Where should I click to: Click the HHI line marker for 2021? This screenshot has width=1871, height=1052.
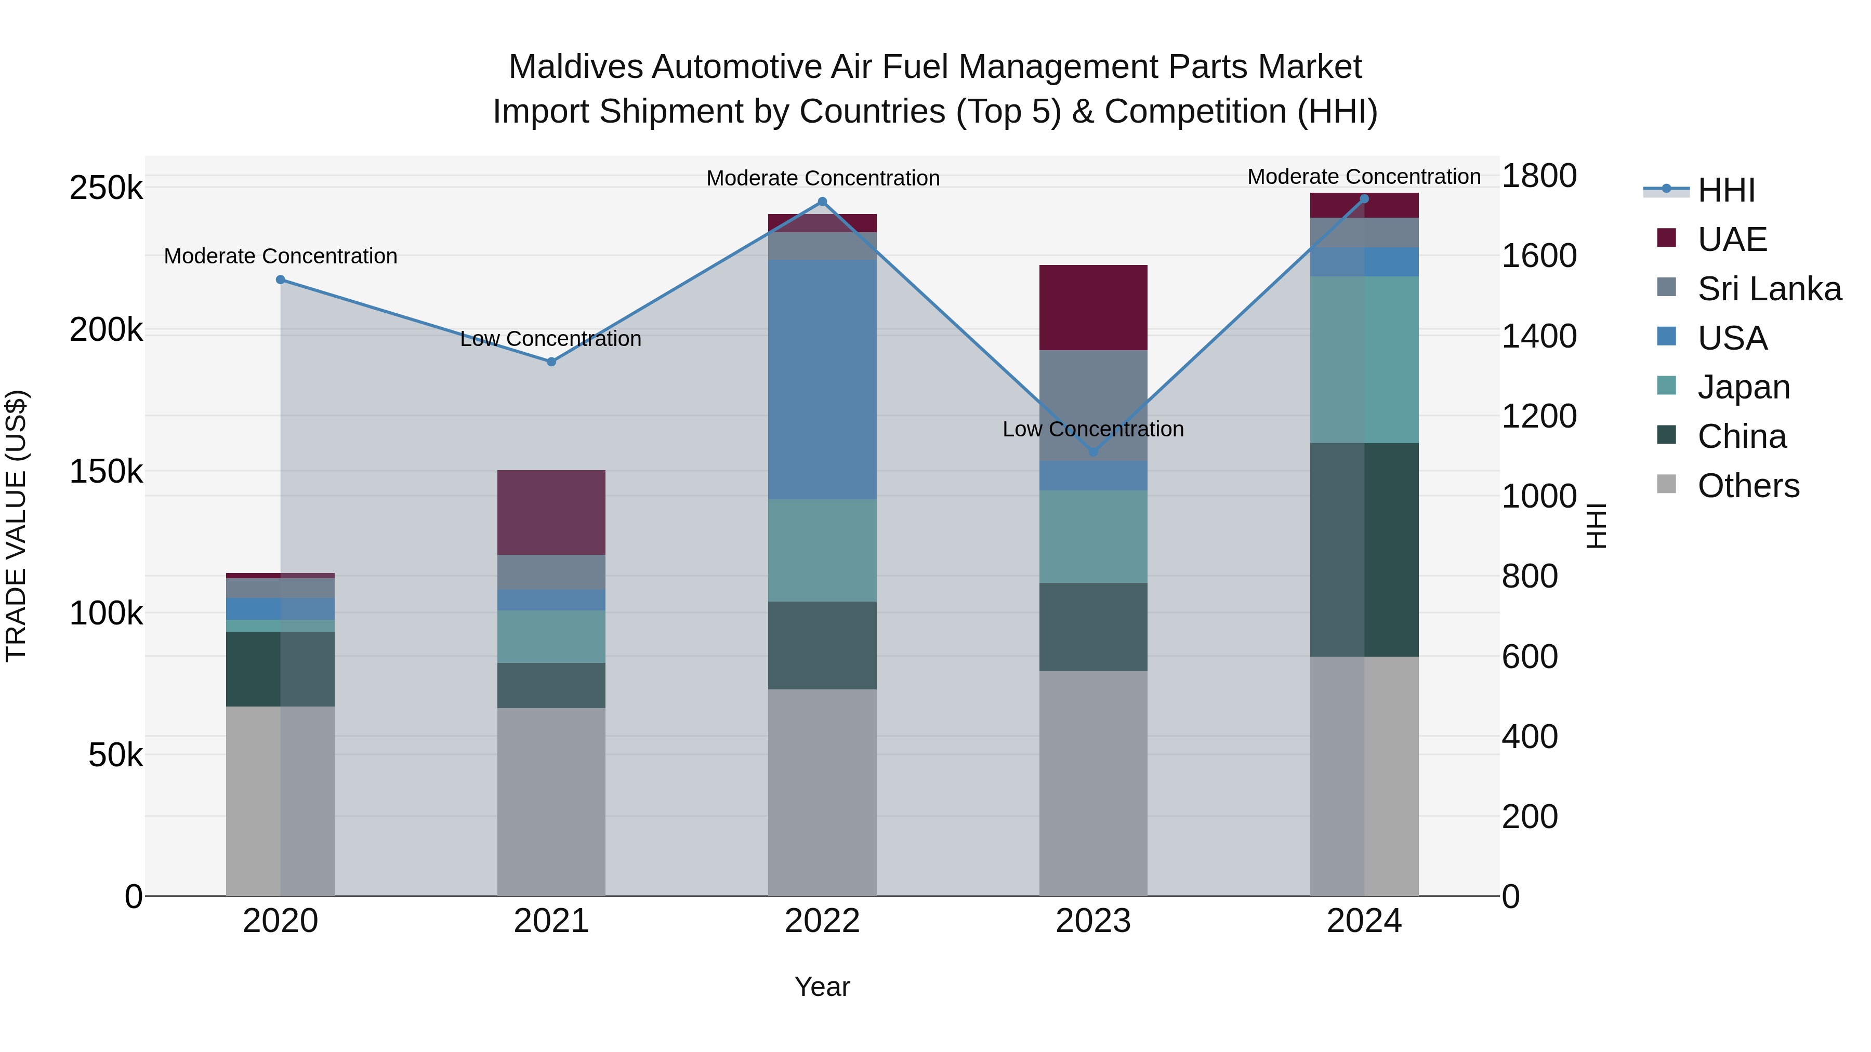click(551, 362)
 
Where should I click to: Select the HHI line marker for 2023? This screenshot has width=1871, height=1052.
click(1093, 451)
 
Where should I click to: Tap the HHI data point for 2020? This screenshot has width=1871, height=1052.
click(280, 279)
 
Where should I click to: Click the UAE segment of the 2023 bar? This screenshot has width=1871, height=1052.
click(1093, 308)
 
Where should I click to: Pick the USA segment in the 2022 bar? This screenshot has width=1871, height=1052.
click(822, 379)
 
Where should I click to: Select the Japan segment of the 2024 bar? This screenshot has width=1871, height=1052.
click(1364, 359)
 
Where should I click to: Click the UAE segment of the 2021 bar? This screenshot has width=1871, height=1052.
click(551, 513)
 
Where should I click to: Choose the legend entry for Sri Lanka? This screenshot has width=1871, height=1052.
click(1769, 289)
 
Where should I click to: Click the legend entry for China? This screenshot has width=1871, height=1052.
click(1741, 436)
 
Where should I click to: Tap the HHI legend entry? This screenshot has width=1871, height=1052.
click(1725, 190)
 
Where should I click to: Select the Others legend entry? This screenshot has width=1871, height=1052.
click(1747, 486)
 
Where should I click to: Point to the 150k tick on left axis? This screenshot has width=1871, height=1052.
click(106, 472)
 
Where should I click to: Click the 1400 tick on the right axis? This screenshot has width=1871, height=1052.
click(1538, 336)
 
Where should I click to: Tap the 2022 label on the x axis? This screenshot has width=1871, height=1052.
click(822, 921)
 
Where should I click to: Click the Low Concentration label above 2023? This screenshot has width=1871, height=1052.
click(1093, 429)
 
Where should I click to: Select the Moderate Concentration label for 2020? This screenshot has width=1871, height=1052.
click(280, 256)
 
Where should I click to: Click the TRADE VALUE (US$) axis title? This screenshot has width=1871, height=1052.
click(16, 526)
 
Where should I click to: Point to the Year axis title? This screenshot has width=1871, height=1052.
click(822, 987)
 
